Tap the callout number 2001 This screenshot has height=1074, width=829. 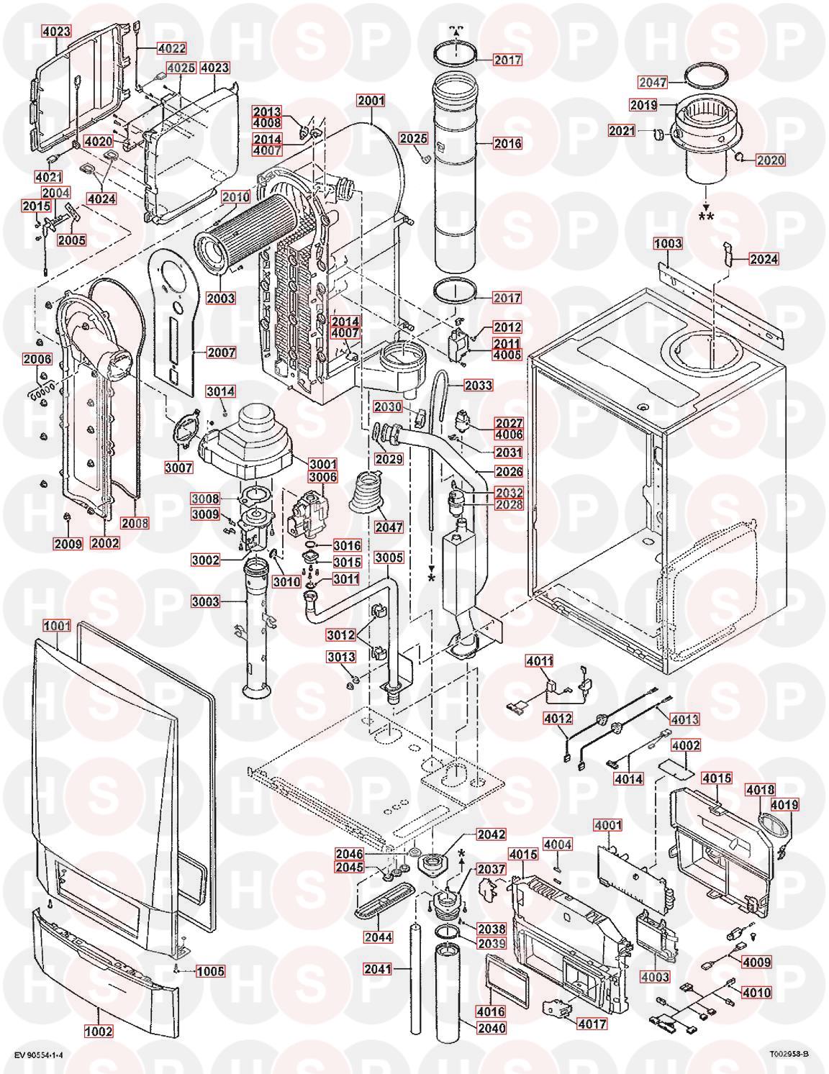[371, 101]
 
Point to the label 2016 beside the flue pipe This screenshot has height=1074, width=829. [507, 143]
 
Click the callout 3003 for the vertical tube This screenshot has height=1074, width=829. [206, 601]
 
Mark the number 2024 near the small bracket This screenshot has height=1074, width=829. [764, 259]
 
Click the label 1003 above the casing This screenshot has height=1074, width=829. [667, 244]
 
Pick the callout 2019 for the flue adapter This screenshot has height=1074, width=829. [644, 105]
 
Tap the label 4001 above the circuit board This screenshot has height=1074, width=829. [608, 825]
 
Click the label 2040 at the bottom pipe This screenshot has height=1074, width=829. [492, 1028]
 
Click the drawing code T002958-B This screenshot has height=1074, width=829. [789, 1054]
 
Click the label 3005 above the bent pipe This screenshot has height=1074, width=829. [389, 558]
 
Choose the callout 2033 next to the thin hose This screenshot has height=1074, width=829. [479, 386]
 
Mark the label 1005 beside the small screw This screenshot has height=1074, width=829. [211, 971]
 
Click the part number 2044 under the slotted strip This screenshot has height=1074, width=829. [379, 937]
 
